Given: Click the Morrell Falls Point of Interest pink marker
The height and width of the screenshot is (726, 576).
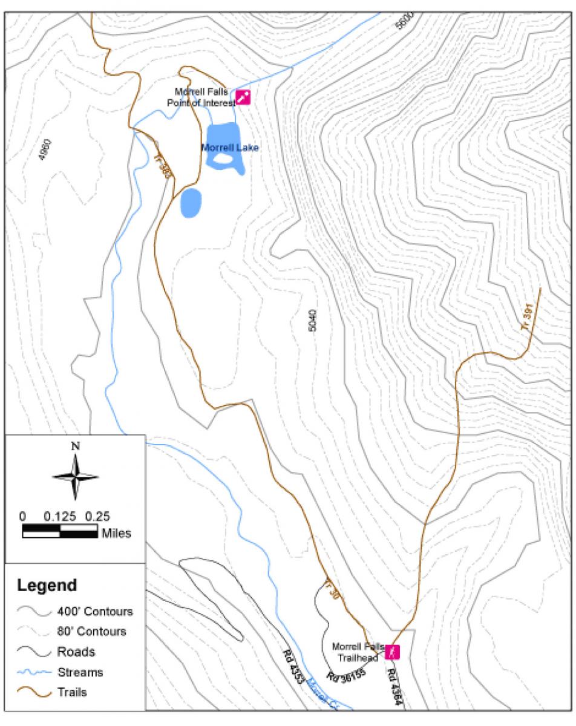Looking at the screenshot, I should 243,97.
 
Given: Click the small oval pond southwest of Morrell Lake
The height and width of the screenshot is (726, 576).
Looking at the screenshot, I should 191,203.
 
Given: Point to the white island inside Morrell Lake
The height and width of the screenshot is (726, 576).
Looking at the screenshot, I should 223,159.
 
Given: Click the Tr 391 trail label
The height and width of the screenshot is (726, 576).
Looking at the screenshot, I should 528,317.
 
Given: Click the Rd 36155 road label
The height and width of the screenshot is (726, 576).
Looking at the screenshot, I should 345,676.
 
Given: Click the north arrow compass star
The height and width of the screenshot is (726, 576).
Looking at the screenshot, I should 75,477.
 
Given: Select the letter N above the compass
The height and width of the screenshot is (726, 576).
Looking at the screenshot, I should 75,446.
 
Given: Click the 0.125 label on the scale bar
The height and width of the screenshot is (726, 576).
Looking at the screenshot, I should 60,517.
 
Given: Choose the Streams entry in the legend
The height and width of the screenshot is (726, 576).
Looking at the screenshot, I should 80,672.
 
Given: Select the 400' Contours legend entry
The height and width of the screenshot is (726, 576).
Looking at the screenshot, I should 94,611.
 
